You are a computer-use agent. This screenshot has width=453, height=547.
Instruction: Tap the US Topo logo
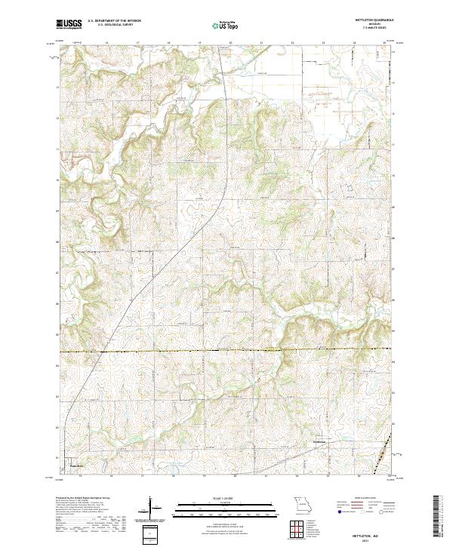219,26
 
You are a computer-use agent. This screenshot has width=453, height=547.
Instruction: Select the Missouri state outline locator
302,504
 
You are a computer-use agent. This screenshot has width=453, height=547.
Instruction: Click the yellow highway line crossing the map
226,351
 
